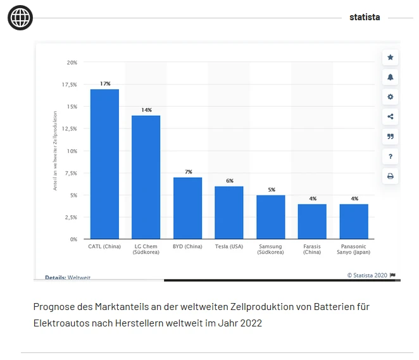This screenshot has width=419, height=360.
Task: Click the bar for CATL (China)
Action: [x=104, y=164]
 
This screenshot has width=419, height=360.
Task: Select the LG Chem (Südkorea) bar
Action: [x=146, y=177]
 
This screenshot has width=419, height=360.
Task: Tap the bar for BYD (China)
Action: [x=187, y=208]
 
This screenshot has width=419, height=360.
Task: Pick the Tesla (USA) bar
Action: [x=229, y=213]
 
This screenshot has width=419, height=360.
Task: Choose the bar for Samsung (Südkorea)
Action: [x=271, y=217]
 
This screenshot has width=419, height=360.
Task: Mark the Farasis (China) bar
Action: [x=312, y=221]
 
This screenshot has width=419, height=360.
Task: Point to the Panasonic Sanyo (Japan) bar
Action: [x=354, y=221]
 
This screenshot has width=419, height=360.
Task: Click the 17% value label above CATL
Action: [x=104, y=84]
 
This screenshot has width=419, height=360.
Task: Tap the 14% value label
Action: [x=146, y=110]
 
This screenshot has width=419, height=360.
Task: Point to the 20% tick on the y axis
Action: [x=72, y=63]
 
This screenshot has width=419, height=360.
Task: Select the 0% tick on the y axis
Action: [x=73, y=239]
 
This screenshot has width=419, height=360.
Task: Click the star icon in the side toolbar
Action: [x=391, y=58]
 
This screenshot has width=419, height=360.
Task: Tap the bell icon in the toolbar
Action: [x=391, y=77]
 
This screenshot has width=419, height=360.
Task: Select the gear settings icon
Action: [x=391, y=97]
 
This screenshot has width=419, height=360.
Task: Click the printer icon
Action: [x=391, y=176]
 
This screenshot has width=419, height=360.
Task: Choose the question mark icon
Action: [x=391, y=156]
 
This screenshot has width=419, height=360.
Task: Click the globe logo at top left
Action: [x=20, y=18]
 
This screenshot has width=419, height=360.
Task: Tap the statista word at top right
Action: [x=365, y=17]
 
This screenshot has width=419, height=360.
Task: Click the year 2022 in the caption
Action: [x=250, y=323]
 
